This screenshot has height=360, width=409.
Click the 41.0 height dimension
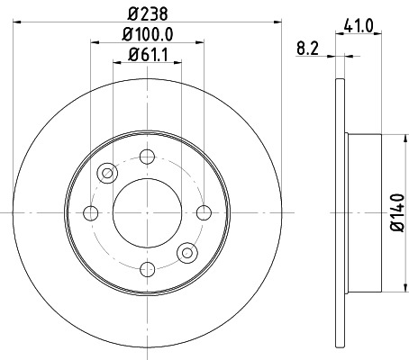359,26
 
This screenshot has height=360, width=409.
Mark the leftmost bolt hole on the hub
90,212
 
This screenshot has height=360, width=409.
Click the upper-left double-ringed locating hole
109,172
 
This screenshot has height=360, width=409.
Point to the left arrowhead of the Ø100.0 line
93,43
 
